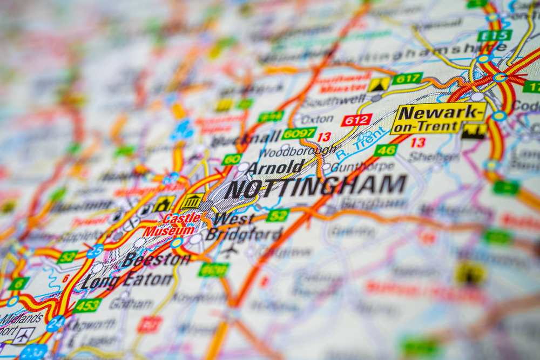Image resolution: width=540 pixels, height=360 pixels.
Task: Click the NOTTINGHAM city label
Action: (x=315, y=187)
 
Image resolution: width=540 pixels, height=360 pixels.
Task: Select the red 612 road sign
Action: (x=356, y=120)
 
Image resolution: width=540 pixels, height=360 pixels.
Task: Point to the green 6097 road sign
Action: (x=299, y=133)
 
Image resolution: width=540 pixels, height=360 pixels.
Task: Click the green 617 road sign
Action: (x=407, y=79)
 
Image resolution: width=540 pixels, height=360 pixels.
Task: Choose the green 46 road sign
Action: (x=386, y=150)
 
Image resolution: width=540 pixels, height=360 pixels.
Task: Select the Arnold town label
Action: (x=276, y=167)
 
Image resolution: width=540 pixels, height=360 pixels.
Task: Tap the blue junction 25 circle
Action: (x=95, y=251)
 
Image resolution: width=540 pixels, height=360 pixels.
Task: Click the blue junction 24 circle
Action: (x=56, y=323)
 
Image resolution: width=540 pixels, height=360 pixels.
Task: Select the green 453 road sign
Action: (x=87, y=305)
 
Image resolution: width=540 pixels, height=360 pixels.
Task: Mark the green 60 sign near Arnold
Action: (x=232, y=159)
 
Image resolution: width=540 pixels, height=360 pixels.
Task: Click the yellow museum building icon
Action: (x=192, y=201)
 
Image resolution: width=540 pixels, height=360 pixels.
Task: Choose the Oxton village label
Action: (x=317, y=119)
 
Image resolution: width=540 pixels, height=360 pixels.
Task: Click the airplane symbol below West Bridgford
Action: (x=230, y=250)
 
